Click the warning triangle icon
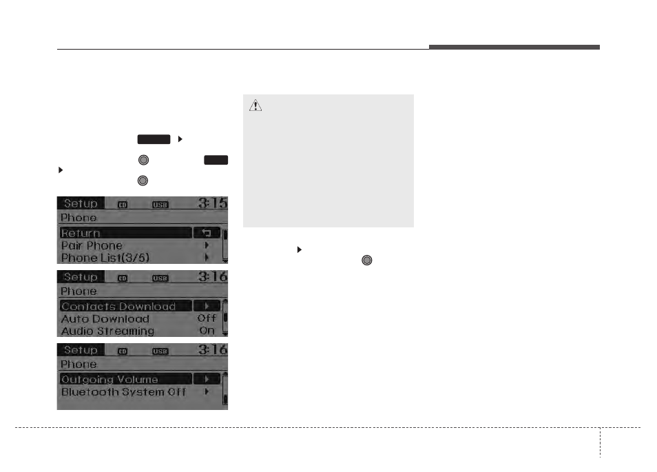pos(255,105)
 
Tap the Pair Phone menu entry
pos(92,245)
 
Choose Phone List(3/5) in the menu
pos(105,258)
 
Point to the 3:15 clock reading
pos(212,203)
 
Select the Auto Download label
pos(105,319)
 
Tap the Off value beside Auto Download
pos(207,318)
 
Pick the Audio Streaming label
pos(107,331)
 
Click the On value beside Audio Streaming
pos(207,331)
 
